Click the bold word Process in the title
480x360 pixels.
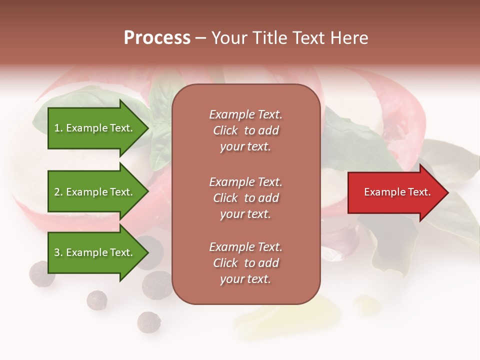[157, 38]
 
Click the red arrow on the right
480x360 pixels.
[395, 192]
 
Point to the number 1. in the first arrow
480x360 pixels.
[58, 128]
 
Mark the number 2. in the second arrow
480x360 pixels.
[58, 192]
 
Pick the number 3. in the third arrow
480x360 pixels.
[58, 252]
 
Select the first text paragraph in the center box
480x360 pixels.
[245, 130]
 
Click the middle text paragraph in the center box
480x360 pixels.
[245, 198]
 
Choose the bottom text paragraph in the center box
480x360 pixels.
[245, 263]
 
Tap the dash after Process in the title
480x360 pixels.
[200, 38]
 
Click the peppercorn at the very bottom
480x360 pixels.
[148, 321]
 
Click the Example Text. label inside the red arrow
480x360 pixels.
[397, 192]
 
